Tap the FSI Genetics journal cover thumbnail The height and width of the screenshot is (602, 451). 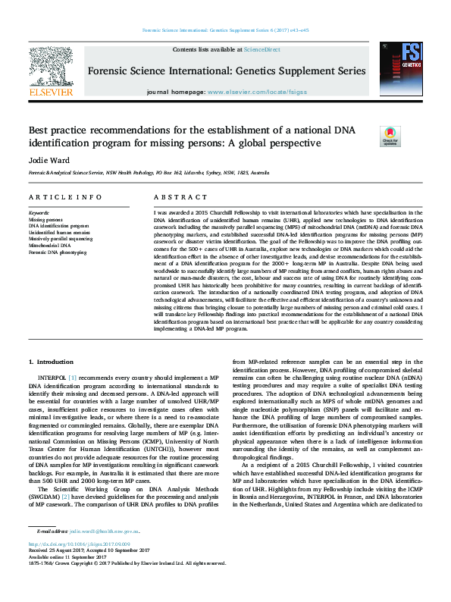point(402,67)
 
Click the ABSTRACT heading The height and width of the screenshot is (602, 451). point(175,197)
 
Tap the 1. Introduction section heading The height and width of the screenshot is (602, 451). point(52,362)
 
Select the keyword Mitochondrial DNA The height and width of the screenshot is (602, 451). point(51,246)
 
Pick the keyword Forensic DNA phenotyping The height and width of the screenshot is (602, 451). point(58,252)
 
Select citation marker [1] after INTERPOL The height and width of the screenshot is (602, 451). point(73,376)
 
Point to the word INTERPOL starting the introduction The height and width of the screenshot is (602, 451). point(52,376)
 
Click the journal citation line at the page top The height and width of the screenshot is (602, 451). point(225,30)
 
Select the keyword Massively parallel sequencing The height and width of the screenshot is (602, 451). point(61,239)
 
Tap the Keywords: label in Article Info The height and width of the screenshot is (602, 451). point(39,213)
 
